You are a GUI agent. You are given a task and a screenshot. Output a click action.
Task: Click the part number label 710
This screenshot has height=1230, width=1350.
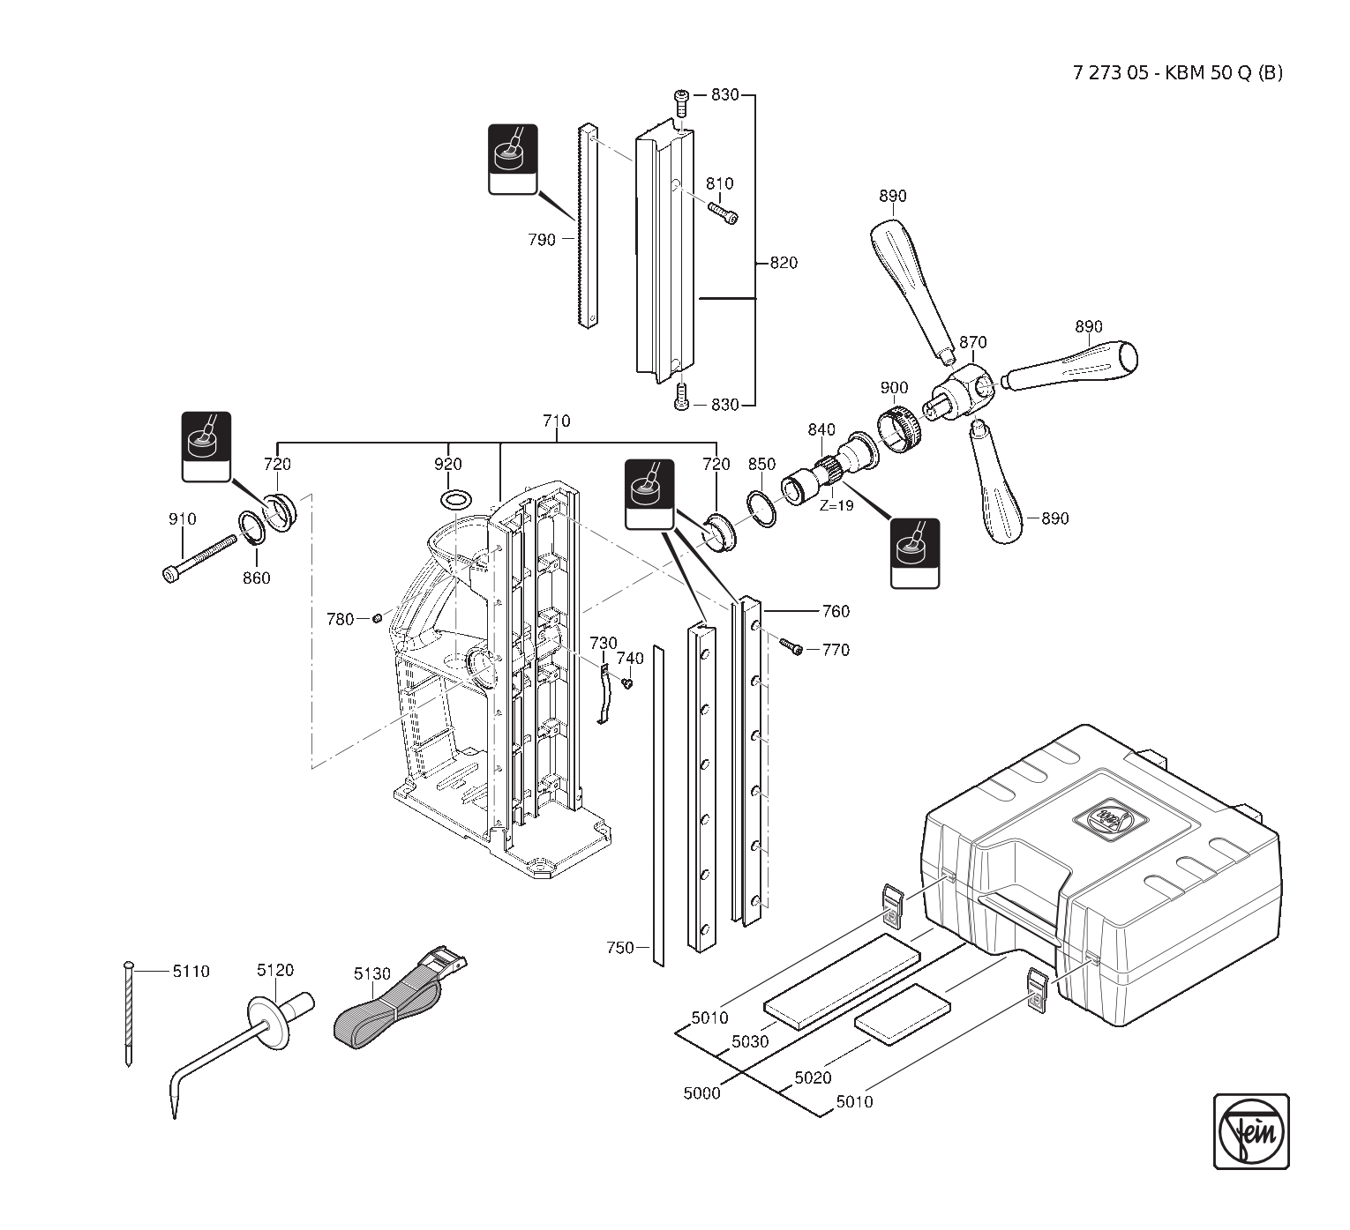[556, 421]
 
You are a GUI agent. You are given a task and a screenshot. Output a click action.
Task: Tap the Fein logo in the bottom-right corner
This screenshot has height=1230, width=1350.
[1251, 1131]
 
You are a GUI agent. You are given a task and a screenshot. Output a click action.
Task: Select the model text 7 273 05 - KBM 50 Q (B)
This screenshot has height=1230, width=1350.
[1178, 73]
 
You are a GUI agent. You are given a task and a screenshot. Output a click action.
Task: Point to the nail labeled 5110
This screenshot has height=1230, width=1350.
[129, 1014]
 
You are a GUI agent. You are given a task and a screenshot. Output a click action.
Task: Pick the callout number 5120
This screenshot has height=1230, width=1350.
[275, 970]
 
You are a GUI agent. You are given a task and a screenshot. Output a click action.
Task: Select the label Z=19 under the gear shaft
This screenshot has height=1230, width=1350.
[836, 506]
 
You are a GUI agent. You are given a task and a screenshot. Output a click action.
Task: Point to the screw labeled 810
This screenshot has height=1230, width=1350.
[723, 212]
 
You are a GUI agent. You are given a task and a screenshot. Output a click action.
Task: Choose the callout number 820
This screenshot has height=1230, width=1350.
[784, 263]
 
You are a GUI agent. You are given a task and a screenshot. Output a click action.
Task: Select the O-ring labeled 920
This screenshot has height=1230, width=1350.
[454, 501]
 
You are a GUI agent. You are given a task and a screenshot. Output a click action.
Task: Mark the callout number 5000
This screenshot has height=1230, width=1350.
[701, 1093]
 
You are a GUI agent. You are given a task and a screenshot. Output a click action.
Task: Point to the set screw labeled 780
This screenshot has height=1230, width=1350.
[377, 618]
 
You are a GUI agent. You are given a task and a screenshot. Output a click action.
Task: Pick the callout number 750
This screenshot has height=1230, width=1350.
[620, 948]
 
